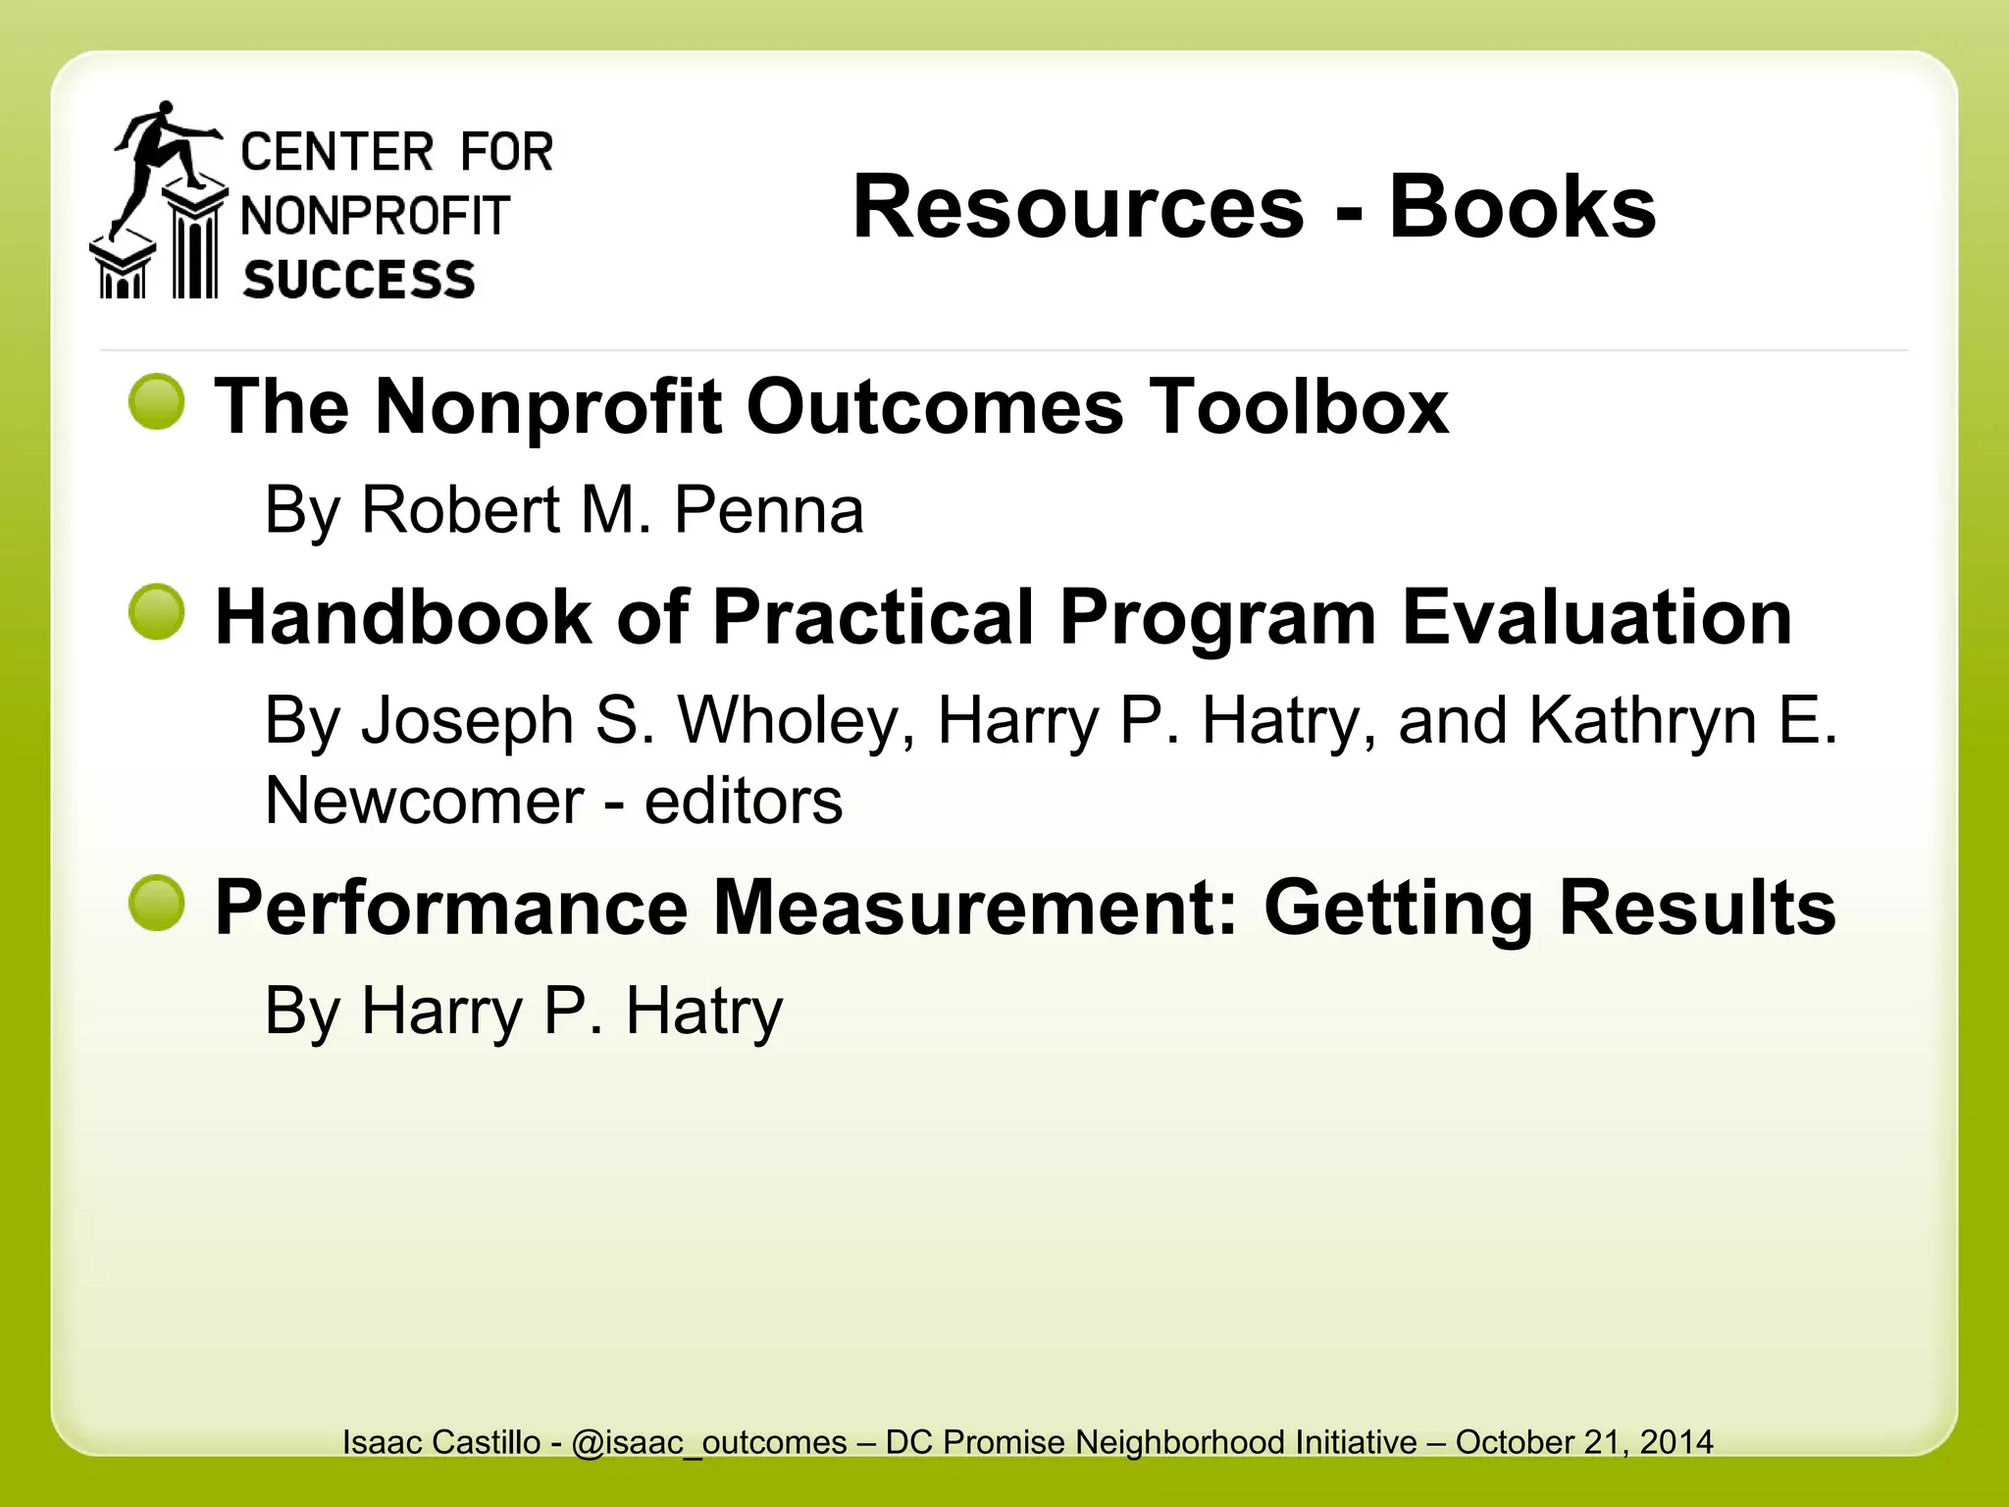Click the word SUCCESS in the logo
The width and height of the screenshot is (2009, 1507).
[x=359, y=280]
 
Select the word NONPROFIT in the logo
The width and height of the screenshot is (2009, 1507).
[x=375, y=216]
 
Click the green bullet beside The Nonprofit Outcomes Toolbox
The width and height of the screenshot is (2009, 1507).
[x=157, y=402]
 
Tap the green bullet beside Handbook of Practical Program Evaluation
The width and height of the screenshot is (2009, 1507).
[x=157, y=612]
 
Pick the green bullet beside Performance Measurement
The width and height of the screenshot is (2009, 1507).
[x=157, y=904]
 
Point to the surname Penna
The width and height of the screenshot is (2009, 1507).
[x=768, y=510]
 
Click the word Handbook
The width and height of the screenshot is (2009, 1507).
[x=403, y=617]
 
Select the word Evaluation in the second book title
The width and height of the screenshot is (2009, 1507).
[x=1597, y=617]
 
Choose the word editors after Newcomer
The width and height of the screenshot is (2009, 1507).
[x=743, y=801]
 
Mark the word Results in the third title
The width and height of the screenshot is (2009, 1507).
[x=1696, y=908]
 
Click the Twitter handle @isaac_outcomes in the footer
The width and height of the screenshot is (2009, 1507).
[x=708, y=1442]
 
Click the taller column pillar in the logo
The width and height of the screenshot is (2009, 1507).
[x=195, y=245]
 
